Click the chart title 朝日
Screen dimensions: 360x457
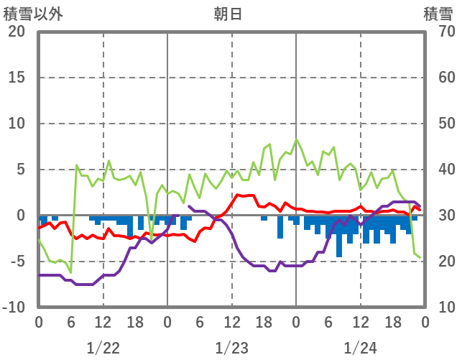pos(228,14)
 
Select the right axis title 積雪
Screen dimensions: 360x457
pos(437,14)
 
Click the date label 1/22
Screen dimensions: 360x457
pos(103,349)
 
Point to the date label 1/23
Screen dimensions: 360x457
pos(231,349)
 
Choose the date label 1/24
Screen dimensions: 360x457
pos(360,349)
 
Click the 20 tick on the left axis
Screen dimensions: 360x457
pos(17,32)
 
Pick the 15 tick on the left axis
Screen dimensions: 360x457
pos(17,78)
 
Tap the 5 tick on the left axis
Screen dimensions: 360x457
pos(21,170)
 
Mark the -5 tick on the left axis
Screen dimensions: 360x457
pos(18,262)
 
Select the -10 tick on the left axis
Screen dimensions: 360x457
pos(15,308)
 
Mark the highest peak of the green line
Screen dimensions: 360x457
pos(296,139)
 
